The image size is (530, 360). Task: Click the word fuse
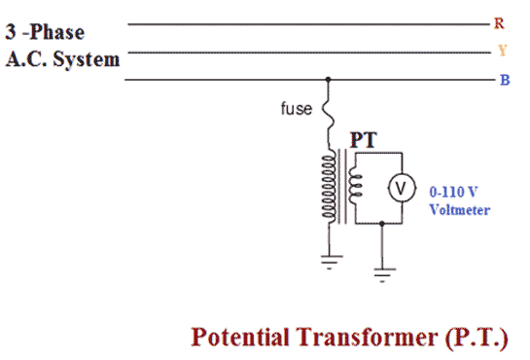tap(297, 109)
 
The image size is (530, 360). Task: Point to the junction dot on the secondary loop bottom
tap(382, 223)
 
